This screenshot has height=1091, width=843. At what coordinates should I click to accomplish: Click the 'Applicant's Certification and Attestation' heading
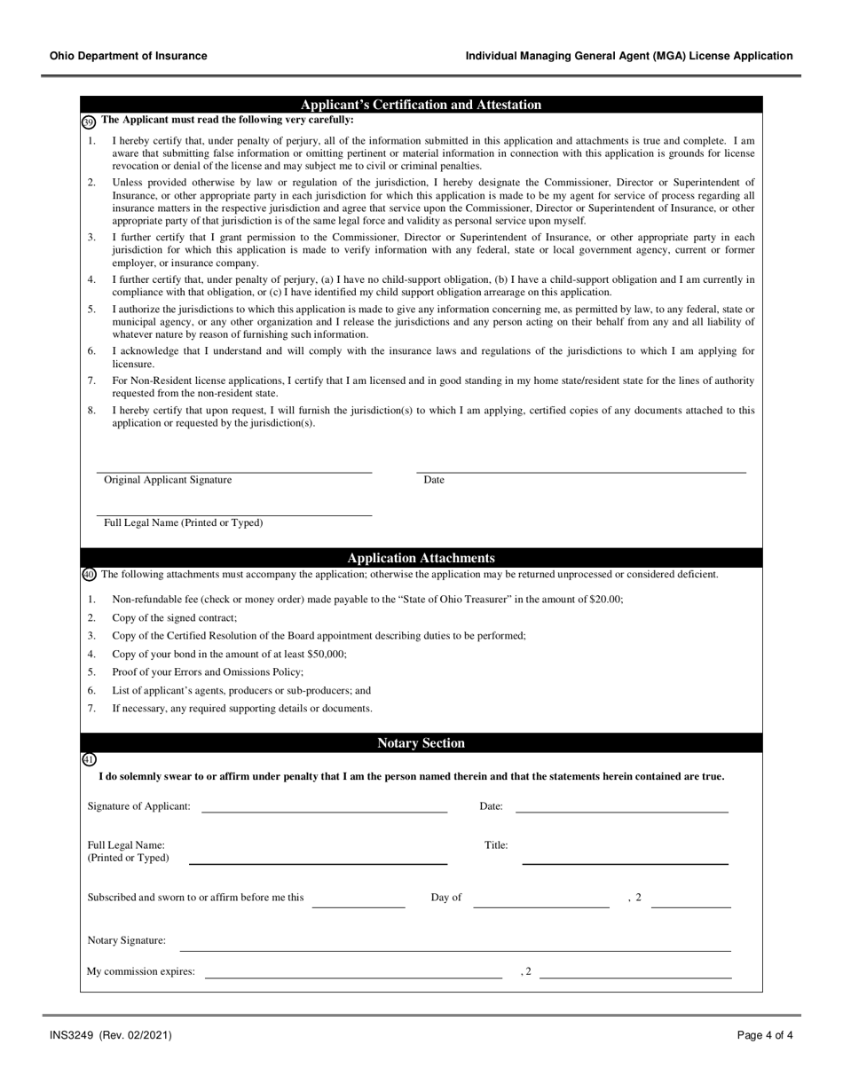(x=421, y=105)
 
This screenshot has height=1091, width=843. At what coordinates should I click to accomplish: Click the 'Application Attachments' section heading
(x=421, y=558)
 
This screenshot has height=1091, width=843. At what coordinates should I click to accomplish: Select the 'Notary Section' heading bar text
(x=421, y=743)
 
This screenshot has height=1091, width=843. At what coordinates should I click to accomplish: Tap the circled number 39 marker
(x=88, y=122)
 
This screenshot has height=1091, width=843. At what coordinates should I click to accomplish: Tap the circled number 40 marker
(x=89, y=575)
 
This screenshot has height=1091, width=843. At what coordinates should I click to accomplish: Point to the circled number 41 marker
(x=89, y=759)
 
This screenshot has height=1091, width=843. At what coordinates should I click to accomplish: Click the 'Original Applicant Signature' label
(x=168, y=480)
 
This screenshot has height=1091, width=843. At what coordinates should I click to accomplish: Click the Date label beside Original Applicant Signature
(x=434, y=480)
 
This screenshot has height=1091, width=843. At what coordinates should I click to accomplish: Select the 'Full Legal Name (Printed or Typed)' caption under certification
(x=184, y=523)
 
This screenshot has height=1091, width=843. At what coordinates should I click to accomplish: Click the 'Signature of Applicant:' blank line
(x=324, y=810)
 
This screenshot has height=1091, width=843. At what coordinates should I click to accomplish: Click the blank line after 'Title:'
(x=625, y=861)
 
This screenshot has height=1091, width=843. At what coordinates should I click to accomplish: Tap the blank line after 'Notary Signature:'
(x=455, y=949)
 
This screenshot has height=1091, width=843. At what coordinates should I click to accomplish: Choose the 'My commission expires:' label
(x=140, y=971)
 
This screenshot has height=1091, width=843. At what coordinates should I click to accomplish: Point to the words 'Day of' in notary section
(x=446, y=898)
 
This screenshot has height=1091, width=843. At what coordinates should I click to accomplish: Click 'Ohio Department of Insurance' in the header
(x=129, y=56)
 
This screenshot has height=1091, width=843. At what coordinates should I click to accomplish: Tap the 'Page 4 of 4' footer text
(x=765, y=1035)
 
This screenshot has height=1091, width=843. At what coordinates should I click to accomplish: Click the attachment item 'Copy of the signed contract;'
(x=175, y=618)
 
